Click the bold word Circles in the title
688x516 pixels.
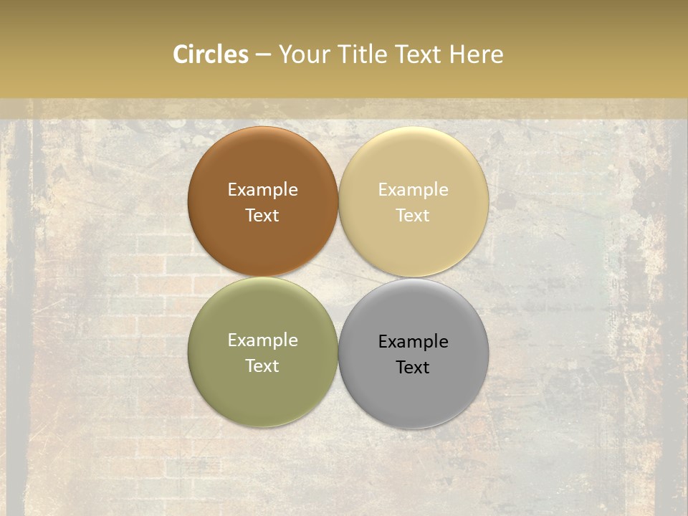pos(211,54)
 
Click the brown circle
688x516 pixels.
pos(262,165)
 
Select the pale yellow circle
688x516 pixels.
pos(414,165)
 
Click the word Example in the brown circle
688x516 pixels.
pos(262,190)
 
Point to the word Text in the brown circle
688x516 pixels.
pos(262,216)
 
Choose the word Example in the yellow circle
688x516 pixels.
pos(414,190)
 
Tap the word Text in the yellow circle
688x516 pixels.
pos(414,216)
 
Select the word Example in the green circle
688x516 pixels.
pos(262,340)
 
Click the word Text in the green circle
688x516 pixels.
pos(262,366)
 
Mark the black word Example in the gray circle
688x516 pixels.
pos(414,342)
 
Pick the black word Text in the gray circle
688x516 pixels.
pos(414,368)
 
